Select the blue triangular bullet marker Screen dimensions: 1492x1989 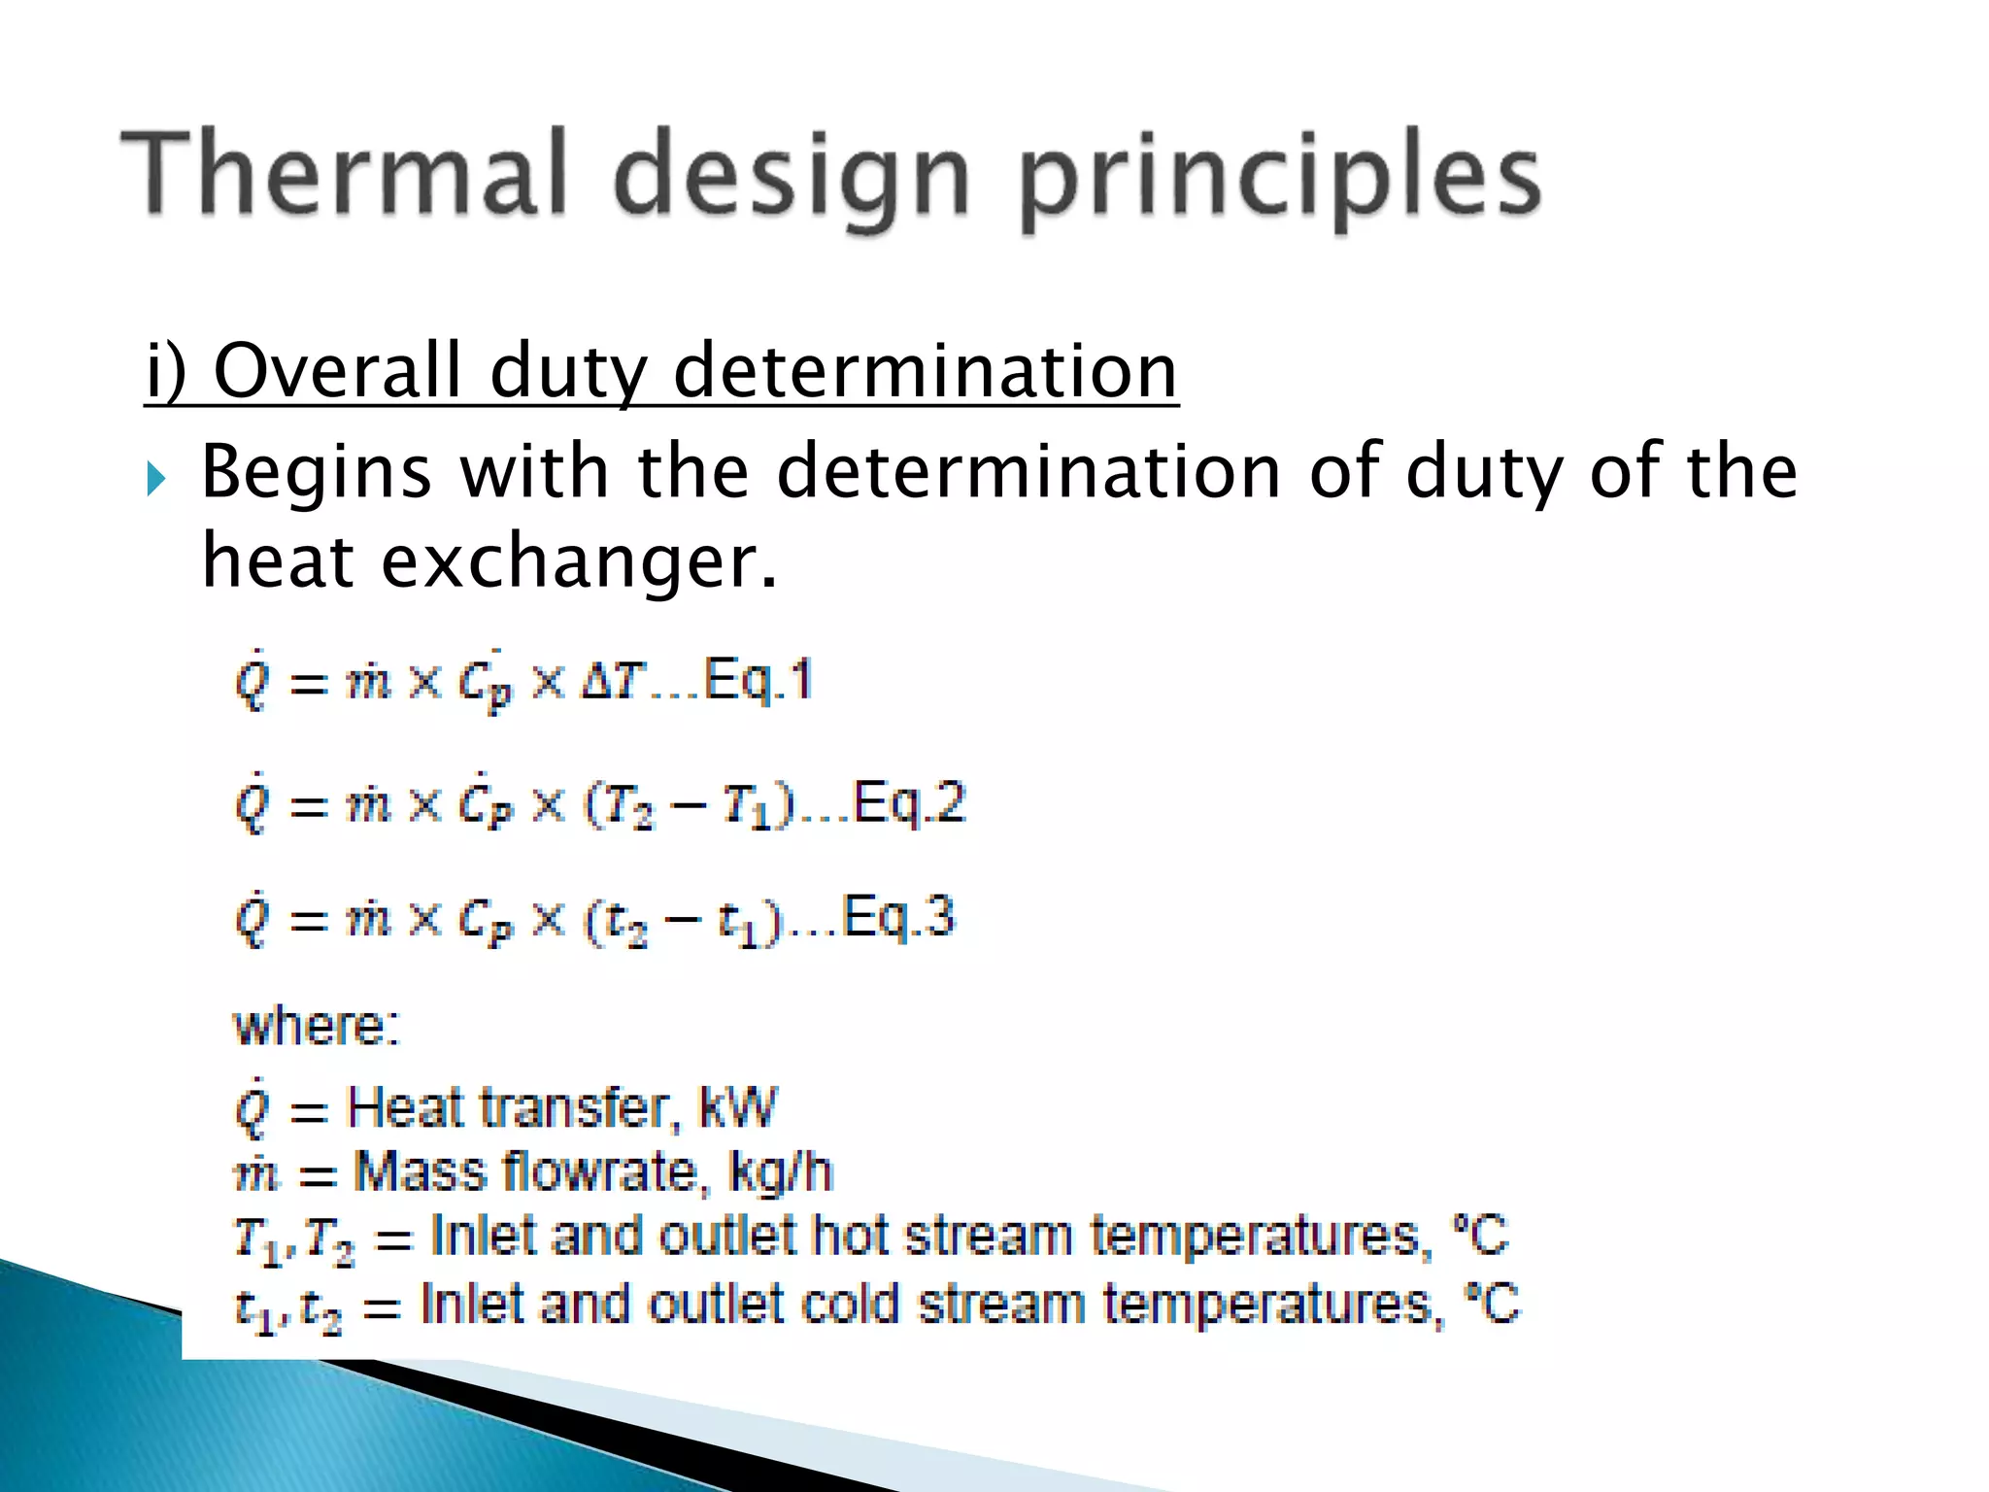point(156,478)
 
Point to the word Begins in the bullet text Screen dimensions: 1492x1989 point(316,473)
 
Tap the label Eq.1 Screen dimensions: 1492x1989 point(758,679)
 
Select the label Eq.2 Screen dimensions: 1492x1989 point(909,802)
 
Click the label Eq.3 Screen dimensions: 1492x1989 point(898,917)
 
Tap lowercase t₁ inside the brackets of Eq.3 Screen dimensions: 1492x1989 point(738,923)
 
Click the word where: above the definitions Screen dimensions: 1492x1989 point(317,1026)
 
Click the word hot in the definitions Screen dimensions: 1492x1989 point(851,1237)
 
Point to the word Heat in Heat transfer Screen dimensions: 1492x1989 point(405,1107)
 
